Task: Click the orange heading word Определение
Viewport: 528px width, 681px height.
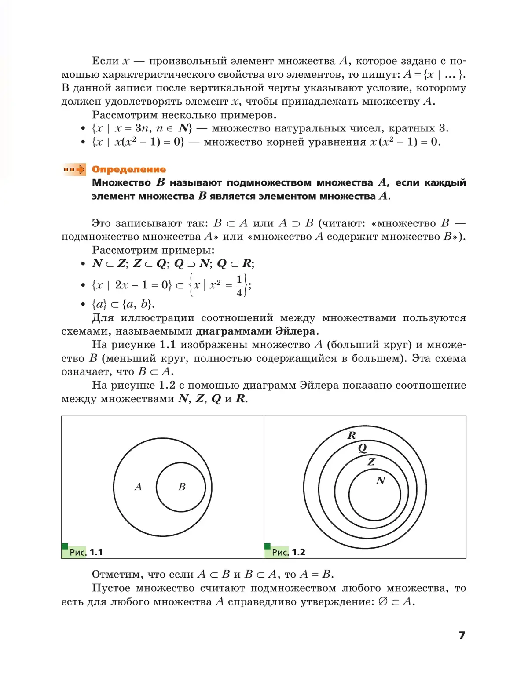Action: [128, 169]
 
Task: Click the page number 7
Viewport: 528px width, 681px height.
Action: [462, 635]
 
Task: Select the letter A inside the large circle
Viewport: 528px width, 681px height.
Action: [138, 487]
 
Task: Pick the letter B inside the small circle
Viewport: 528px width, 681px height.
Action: [182, 487]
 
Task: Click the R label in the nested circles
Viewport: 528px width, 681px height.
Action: [352, 435]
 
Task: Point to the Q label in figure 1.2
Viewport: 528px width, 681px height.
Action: [362, 448]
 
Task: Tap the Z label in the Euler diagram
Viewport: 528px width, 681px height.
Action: [371, 462]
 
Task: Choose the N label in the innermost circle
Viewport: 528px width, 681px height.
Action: [381, 481]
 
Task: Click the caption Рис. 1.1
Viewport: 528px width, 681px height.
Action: [86, 552]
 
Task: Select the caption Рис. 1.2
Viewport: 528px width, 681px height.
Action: [289, 552]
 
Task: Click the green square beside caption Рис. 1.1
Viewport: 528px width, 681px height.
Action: [65, 546]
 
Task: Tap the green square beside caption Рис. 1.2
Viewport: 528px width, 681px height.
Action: [267, 546]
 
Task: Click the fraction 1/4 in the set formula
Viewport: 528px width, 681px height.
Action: [239, 286]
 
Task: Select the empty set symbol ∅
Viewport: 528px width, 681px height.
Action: [383, 601]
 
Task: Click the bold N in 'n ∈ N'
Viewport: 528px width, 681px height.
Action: [184, 128]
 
